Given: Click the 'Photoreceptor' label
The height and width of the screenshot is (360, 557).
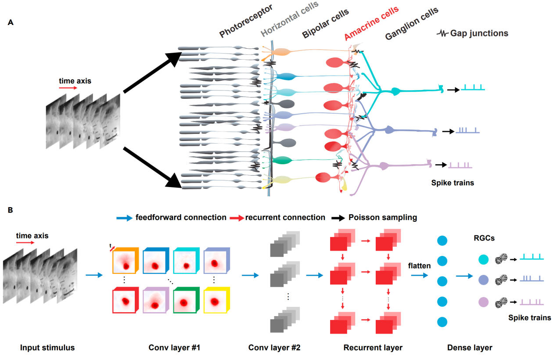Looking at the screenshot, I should (x=246, y=26).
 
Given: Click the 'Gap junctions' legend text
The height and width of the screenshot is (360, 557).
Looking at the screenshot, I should (x=479, y=33).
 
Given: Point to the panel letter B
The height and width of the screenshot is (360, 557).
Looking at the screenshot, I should (x=11, y=210).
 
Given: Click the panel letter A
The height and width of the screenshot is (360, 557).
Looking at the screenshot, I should (x=11, y=22).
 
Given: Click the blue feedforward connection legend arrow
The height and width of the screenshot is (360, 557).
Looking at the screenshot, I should (x=125, y=218).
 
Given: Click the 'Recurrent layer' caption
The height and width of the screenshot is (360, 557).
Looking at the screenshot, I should (x=373, y=348).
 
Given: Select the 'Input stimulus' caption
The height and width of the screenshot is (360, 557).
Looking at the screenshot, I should (x=47, y=348).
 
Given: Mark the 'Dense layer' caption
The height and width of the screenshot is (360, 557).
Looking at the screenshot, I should (x=470, y=348).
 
